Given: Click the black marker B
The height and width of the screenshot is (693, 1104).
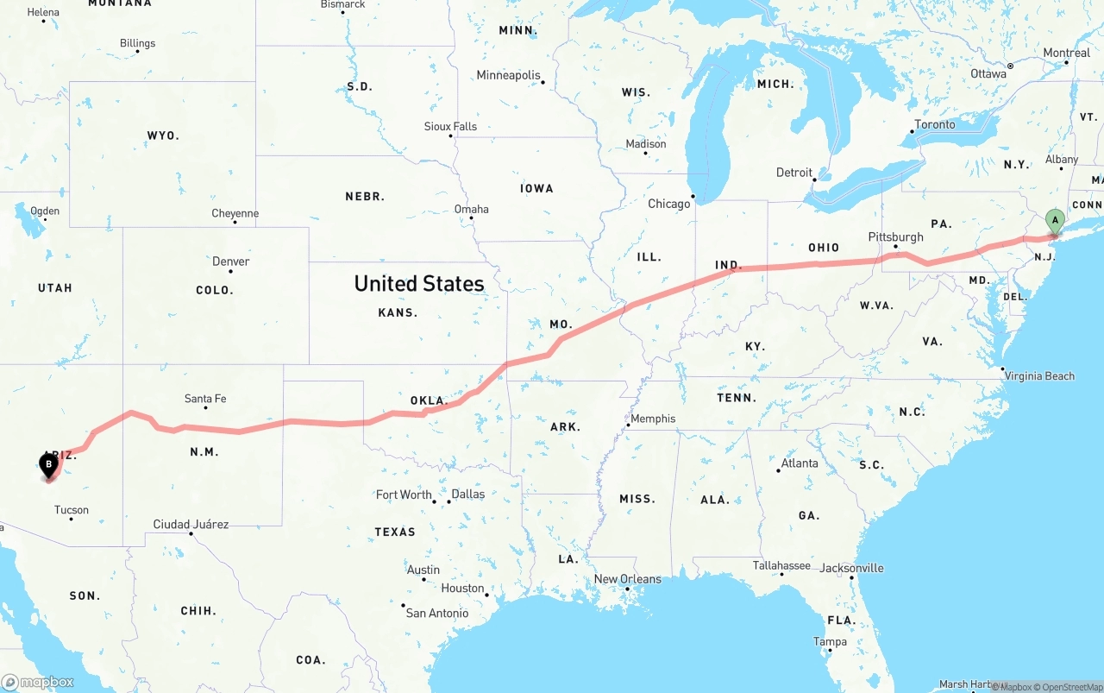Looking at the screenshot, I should pos(49,465).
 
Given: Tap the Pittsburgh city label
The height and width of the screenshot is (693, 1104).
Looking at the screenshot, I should pos(895,236).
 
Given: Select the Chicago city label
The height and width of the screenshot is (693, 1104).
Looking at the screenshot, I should pos(669,204).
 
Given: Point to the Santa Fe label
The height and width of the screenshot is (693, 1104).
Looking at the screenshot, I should pos(205,399).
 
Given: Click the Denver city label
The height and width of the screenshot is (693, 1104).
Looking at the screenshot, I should pos(230,261).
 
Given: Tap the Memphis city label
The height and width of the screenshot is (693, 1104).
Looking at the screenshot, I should pos(653,419).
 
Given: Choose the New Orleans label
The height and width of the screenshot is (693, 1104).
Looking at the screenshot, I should pos(628,579).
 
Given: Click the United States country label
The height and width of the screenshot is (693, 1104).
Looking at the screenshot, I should pos(419,283).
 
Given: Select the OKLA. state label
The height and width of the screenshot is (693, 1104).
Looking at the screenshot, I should pos(429,400).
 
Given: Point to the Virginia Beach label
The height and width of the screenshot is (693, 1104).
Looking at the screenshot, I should pos(1039,375).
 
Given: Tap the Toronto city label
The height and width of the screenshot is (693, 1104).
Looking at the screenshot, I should pos(935,124).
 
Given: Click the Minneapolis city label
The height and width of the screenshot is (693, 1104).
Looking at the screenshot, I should pos(508,75).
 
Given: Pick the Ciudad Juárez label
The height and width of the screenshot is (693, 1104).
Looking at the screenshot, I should pos(191,524).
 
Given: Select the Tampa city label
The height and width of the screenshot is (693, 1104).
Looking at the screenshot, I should pos(830,641).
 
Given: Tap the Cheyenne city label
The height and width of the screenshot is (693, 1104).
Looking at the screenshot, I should pos(235,213).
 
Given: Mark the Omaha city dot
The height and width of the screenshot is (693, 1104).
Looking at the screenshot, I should pos(472,217).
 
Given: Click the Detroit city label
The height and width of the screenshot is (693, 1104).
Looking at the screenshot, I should pos(794,173).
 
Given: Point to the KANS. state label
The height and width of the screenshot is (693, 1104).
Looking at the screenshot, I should pos(398,312).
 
